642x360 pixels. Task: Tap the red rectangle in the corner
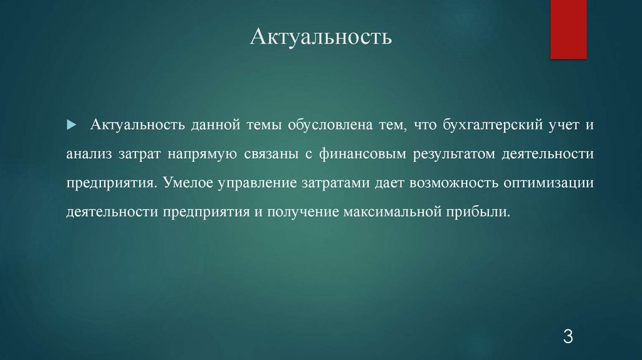pyautogui.click(x=568, y=28)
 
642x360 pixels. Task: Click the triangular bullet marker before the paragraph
pyautogui.click(x=71, y=124)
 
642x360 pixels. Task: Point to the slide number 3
pyautogui.click(x=568, y=336)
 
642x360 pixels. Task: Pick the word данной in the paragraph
pyautogui.click(x=211, y=124)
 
